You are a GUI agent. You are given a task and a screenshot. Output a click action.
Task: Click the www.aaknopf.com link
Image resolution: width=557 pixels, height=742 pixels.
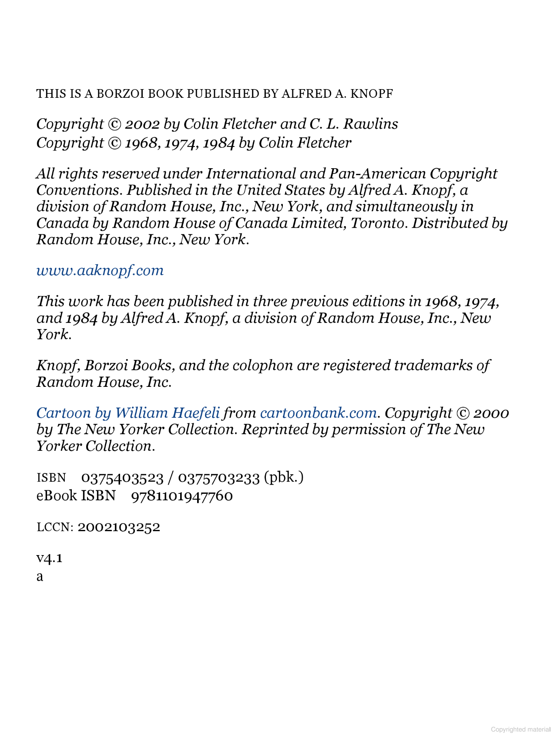pyautogui.click(x=100, y=270)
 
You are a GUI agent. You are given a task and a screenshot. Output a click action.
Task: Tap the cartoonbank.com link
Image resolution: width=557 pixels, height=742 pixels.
pyautogui.click(x=318, y=413)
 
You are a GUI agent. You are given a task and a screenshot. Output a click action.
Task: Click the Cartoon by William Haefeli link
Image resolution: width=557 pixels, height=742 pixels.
pyautogui.click(x=128, y=413)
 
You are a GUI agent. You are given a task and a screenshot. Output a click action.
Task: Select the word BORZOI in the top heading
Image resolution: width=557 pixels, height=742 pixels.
pyautogui.click(x=120, y=94)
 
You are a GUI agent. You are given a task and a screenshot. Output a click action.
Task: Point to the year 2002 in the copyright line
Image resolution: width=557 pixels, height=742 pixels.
pyautogui.click(x=143, y=124)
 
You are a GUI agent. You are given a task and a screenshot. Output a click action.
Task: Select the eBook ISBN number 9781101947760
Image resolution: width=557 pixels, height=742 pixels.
pyautogui.click(x=182, y=496)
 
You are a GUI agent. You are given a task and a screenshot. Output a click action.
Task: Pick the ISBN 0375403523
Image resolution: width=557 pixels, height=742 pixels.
pyautogui.click(x=122, y=478)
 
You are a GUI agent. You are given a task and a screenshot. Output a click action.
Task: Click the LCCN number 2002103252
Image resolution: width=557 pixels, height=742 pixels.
pyautogui.click(x=119, y=527)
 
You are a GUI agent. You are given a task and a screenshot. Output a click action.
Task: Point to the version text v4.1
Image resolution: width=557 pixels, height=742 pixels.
pyautogui.click(x=50, y=558)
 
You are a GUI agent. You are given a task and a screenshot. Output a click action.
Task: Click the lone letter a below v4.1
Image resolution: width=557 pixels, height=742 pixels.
pyautogui.click(x=40, y=577)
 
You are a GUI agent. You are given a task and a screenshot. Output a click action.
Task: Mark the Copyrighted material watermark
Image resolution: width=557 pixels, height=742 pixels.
pyautogui.click(x=520, y=729)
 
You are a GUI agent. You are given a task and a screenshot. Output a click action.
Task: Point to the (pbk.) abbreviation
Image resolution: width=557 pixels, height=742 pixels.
pyautogui.click(x=284, y=478)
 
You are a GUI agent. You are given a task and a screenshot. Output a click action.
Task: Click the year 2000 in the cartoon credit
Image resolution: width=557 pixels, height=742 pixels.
pyautogui.click(x=491, y=413)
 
